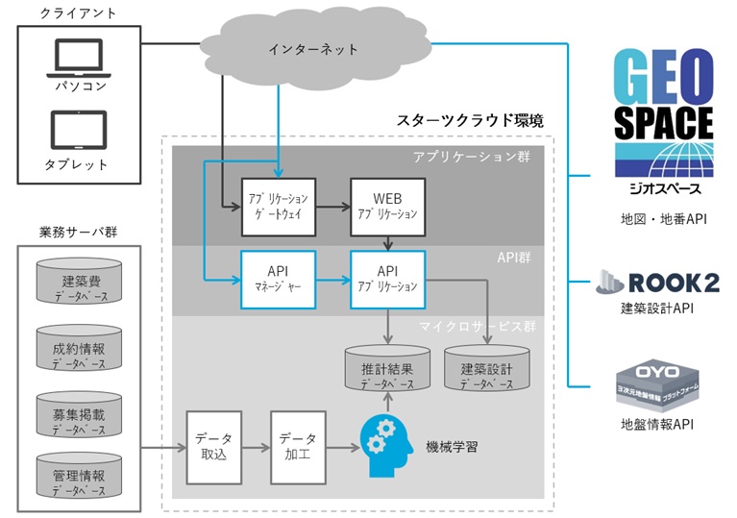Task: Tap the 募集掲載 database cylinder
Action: [x=80, y=414]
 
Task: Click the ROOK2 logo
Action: [x=657, y=282]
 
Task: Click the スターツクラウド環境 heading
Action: [x=470, y=121]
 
